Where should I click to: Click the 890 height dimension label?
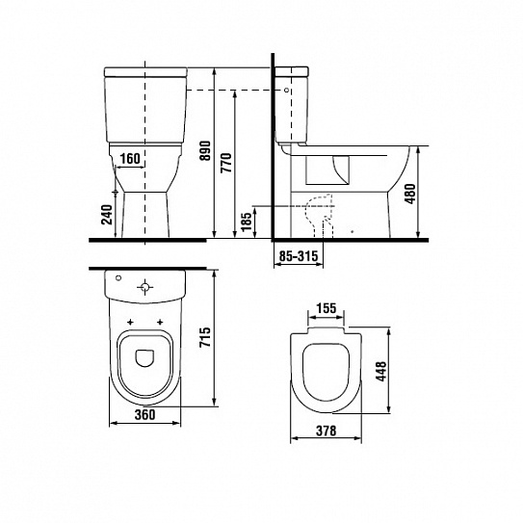pos(206,150)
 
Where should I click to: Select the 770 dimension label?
pos(226,163)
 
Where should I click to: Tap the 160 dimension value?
pos(130,159)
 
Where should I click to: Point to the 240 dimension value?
pos(107,215)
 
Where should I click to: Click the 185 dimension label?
pos(247,222)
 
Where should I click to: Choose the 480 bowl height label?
pos(410,194)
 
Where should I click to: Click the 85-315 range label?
pos(299,256)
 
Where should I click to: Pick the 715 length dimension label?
pos(205,337)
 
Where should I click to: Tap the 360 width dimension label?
pos(145,414)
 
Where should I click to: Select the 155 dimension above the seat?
pos(326,308)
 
